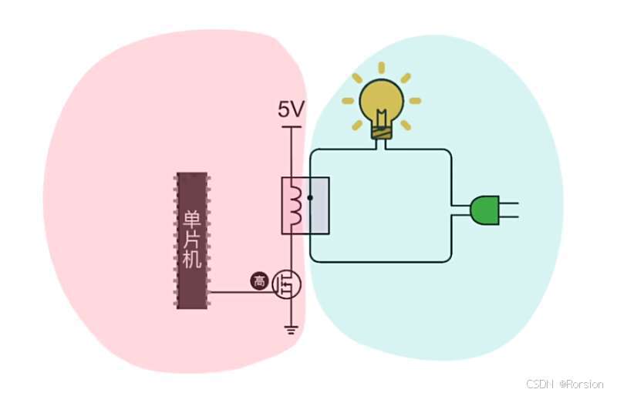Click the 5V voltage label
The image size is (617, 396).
pos(292,110)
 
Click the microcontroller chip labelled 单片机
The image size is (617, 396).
pos(191,241)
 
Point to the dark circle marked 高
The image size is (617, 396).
pos(259,282)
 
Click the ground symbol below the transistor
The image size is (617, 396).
pos(292,330)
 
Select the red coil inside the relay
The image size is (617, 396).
pos(294,205)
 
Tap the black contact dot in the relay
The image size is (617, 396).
pos(309,197)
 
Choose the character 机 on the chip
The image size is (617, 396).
pos(191,260)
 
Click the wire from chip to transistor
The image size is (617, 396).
pos(239,292)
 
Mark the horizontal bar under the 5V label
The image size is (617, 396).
pos(292,127)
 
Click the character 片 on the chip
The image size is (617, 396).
pos(191,239)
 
